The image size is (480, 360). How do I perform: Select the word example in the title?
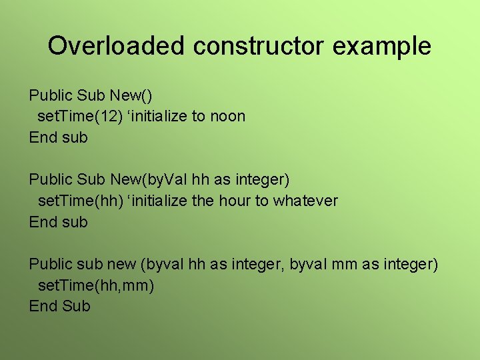pos(387,46)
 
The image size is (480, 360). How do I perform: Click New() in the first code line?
pos(136,95)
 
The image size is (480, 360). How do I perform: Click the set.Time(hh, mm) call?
pos(96,285)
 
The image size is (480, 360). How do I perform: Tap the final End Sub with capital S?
pos(59,306)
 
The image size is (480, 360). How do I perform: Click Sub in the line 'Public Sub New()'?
pos(89,95)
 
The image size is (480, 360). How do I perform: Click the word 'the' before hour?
pos(202,201)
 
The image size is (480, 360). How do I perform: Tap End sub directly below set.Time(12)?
pos(58,137)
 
